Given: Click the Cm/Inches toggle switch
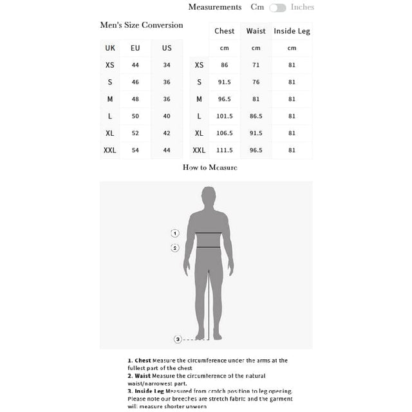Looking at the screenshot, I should tap(277, 8).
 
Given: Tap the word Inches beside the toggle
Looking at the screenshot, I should tap(303, 7).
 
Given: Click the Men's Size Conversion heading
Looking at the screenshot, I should tap(142, 25).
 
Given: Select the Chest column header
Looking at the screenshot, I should tap(225, 31).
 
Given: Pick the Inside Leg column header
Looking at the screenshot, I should tap(292, 31).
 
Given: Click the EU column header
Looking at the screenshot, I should tap(135, 48).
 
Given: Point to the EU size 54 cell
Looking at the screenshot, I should tap(135, 150).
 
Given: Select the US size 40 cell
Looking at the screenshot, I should tap(167, 116).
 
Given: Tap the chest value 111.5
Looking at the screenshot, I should tap(225, 150).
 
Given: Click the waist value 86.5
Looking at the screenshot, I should tap(256, 116).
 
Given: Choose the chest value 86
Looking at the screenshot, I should tap(225, 65).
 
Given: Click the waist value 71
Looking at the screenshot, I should tap(256, 65).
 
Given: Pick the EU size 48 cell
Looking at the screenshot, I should tap(135, 99).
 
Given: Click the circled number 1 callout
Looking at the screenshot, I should tap(174, 233).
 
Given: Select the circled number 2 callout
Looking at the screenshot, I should tap(174, 248).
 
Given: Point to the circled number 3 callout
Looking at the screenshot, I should tap(178, 339).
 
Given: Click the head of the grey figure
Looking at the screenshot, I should tap(208, 196).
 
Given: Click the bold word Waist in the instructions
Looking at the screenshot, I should tap(142, 376).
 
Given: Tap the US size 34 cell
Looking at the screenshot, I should tap(167, 65).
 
